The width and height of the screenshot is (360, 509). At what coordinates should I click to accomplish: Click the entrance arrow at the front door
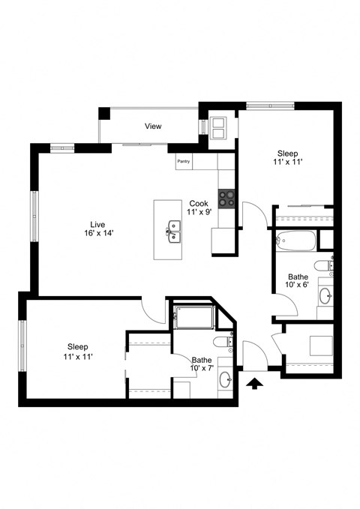pyautogui.click(x=255, y=384)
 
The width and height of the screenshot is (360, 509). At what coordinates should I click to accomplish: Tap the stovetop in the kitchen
pyautogui.click(x=227, y=199)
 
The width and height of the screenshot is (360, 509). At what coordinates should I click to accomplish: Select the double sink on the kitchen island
pyautogui.click(x=174, y=229)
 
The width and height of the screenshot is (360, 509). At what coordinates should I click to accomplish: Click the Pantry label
pyautogui.click(x=184, y=161)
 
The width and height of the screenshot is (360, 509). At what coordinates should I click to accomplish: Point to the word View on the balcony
pyautogui.click(x=153, y=127)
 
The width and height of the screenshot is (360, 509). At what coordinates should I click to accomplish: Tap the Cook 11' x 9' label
pyautogui.click(x=199, y=208)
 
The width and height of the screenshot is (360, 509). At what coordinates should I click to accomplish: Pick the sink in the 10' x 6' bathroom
pyautogui.click(x=325, y=295)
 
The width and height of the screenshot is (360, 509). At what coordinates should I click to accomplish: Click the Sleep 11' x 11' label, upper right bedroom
pyautogui.click(x=288, y=157)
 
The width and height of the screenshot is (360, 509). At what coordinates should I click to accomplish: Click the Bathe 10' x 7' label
pyautogui.click(x=201, y=364)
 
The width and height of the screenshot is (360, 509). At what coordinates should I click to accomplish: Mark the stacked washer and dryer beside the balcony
pyautogui.click(x=218, y=129)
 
